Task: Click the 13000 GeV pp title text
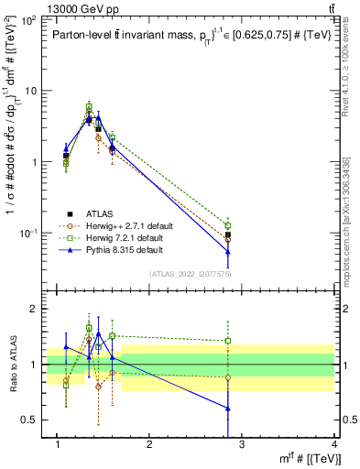coord(43,7)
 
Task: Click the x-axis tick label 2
coord(149,445)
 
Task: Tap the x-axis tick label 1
coord(57,445)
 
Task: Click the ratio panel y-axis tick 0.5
coord(35,420)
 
